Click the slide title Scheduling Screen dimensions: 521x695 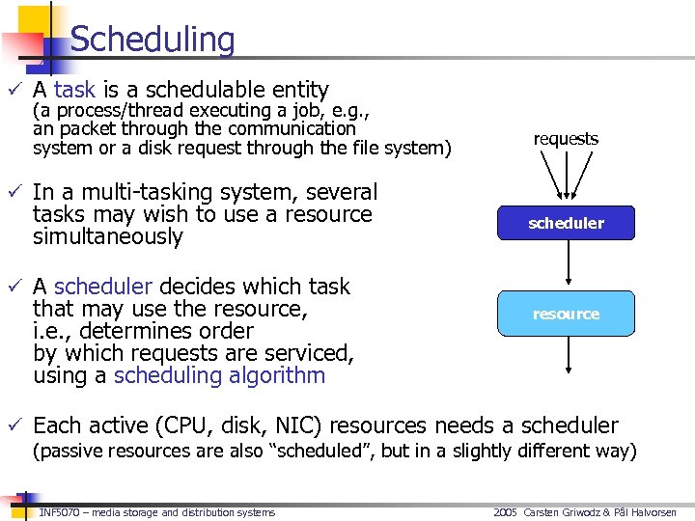click(x=153, y=40)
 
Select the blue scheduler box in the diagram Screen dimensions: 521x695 click(x=566, y=223)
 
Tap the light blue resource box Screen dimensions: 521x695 click(x=566, y=314)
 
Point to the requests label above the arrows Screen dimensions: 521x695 click(x=566, y=139)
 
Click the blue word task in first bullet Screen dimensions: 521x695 click(x=74, y=90)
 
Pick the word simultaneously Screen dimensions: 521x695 click(x=107, y=236)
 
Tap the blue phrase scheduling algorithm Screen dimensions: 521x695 click(x=219, y=375)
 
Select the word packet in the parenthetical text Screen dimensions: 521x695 click(x=82, y=128)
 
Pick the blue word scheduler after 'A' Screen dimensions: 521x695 click(x=103, y=287)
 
